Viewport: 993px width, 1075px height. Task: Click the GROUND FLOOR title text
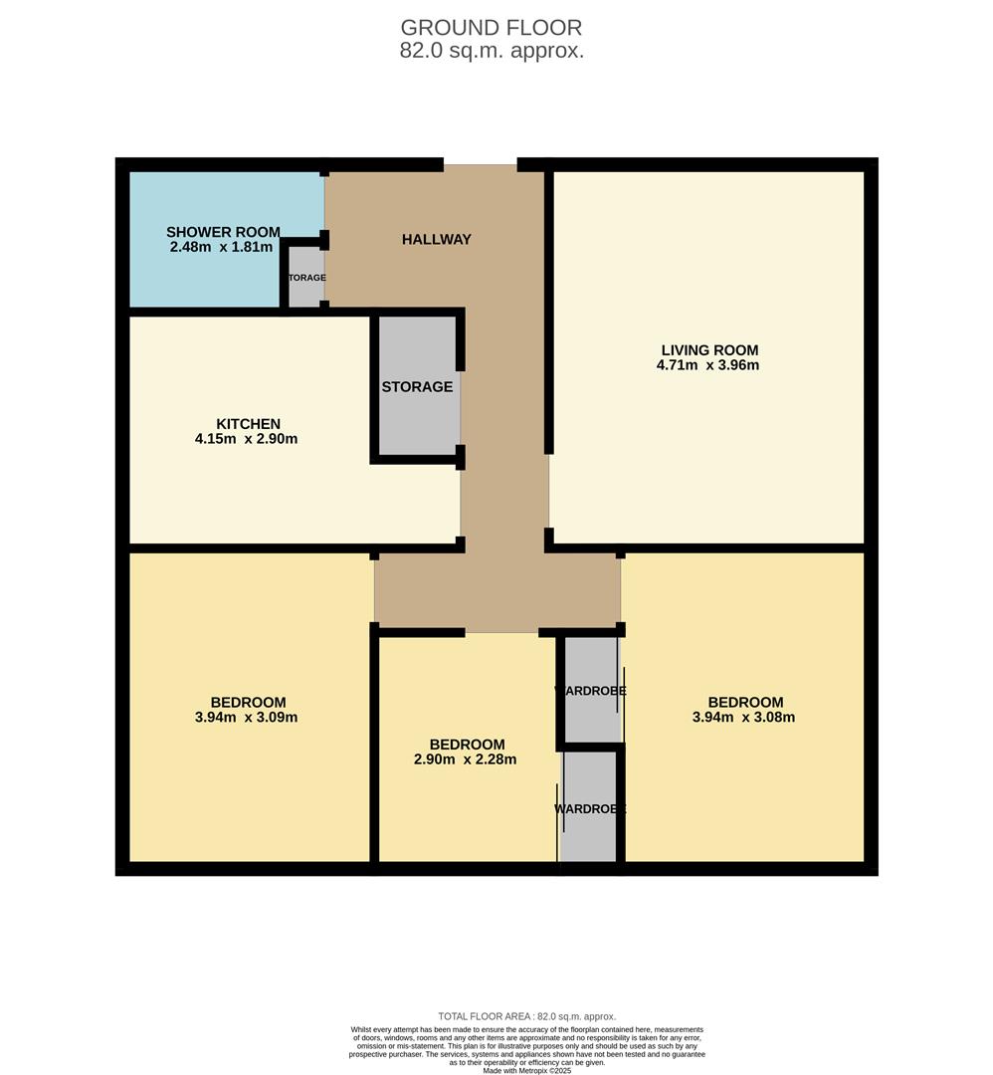tap(492, 28)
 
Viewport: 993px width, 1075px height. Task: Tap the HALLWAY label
tap(436, 240)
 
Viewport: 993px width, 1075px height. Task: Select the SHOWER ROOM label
tap(223, 232)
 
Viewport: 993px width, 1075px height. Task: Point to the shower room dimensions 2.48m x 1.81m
tap(221, 247)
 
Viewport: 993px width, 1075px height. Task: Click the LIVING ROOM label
tap(709, 350)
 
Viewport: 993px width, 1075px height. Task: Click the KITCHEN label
tap(248, 424)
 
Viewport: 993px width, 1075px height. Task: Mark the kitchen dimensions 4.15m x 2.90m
tap(246, 439)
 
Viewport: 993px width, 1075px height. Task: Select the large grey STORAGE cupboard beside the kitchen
tap(417, 386)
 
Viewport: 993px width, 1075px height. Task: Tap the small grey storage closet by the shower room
tap(306, 277)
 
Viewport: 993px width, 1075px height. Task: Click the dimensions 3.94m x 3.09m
tap(246, 717)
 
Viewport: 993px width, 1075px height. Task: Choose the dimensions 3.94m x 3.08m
tap(743, 717)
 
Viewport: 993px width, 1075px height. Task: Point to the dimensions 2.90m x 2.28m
tap(466, 759)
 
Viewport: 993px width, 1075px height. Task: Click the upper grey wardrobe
tap(590, 690)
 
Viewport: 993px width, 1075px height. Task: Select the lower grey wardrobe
tap(590, 808)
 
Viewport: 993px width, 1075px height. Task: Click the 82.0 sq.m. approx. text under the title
tap(492, 51)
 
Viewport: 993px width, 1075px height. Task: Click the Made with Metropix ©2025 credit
tap(526, 1070)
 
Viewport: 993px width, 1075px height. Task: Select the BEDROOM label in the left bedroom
tap(248, 702)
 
